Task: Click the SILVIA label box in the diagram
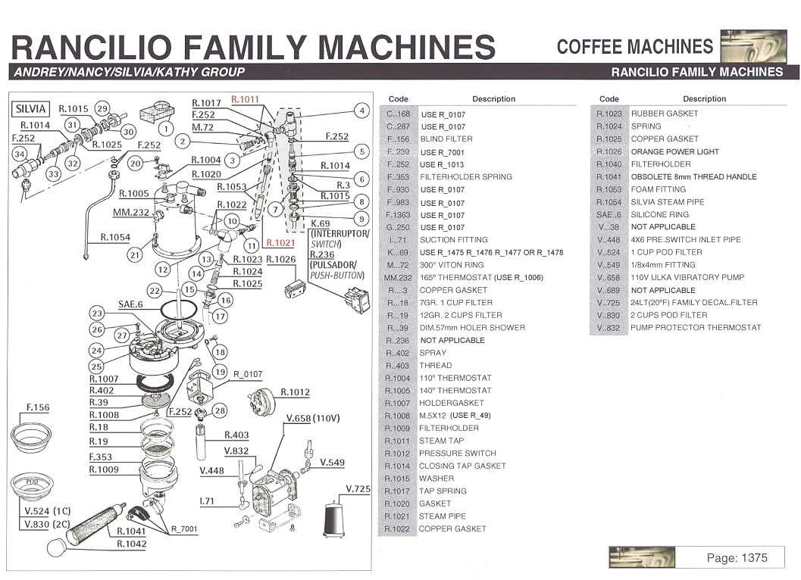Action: click(x=31, y=108)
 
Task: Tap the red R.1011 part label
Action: click(x=245, y=99)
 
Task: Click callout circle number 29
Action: click(x=102, y=108)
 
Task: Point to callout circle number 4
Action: click(x=361, y=111)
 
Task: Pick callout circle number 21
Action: click(x=135, y=254)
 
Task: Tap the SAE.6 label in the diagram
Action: click(x=130, y=304)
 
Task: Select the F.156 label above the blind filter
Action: click(x=37, y=407)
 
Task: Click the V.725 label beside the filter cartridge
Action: click(x=358, y=489)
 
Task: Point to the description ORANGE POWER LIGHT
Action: click(x=674, y=151)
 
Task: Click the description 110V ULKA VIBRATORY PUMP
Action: click(x=687, y=277)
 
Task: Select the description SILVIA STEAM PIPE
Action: click(x=667, y=202)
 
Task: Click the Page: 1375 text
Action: click(x=737, y=558)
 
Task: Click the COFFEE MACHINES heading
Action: click(x=634, y=47)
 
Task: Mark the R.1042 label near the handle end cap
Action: click(x=132, y=544)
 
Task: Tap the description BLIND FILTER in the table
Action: click(x=446, y=139)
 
